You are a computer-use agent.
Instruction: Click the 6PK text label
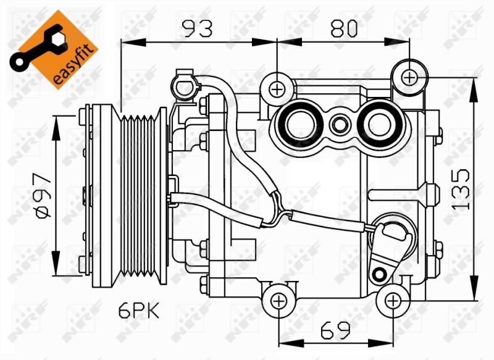click(x=140, y=311)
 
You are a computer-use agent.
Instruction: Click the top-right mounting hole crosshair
click(x=411, y=77)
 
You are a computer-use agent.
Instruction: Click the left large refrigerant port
click(x=301, y=123)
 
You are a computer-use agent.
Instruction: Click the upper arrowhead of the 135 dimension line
click(x=474, y=84)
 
